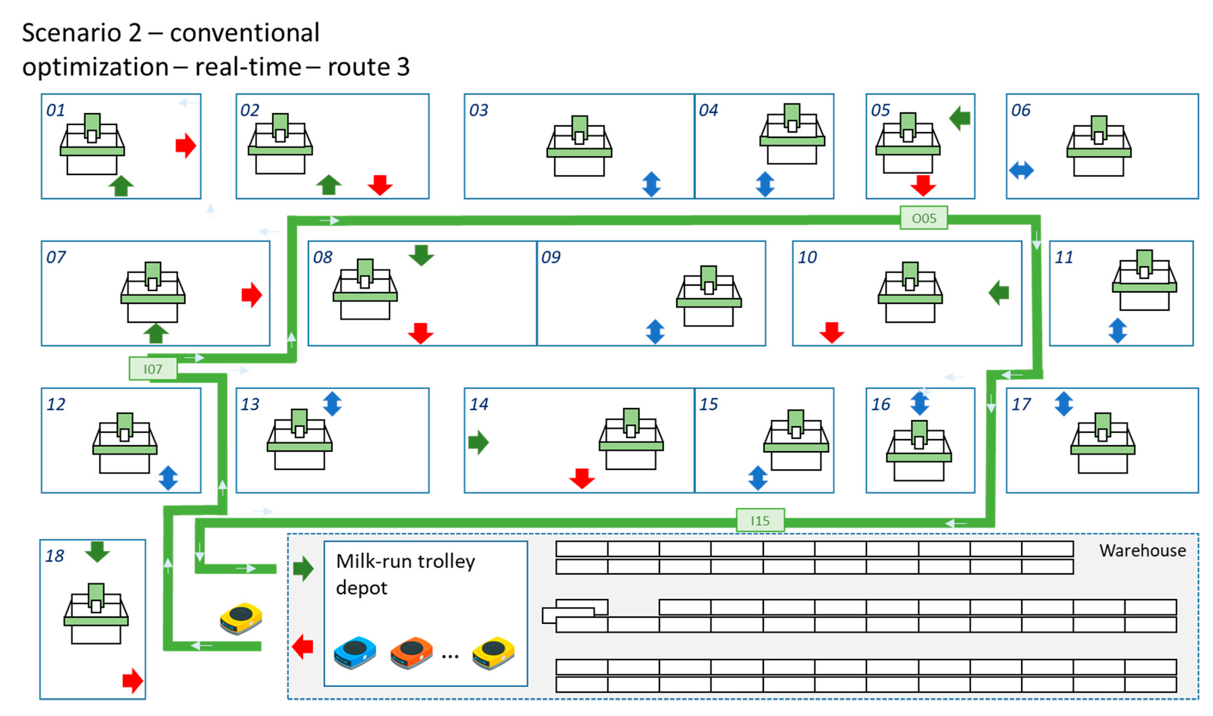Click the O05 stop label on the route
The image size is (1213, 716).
click(923, 218)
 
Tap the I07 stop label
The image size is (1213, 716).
click(153, 369)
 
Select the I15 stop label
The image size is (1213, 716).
click(760, 521)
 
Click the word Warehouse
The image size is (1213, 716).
click(1142, 551)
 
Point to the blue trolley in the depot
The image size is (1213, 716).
click(355, 652)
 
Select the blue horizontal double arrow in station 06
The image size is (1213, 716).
click(1021, 170)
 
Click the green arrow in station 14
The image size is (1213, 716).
click(478, 442)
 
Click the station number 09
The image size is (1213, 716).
click(551, 257)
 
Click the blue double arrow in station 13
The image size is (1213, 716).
click(332, 403)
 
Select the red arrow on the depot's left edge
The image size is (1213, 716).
click(303, 646)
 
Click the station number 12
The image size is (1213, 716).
click(55, 404)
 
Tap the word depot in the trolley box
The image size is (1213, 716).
click(361, 588)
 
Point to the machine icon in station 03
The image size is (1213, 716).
click(579, 146)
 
